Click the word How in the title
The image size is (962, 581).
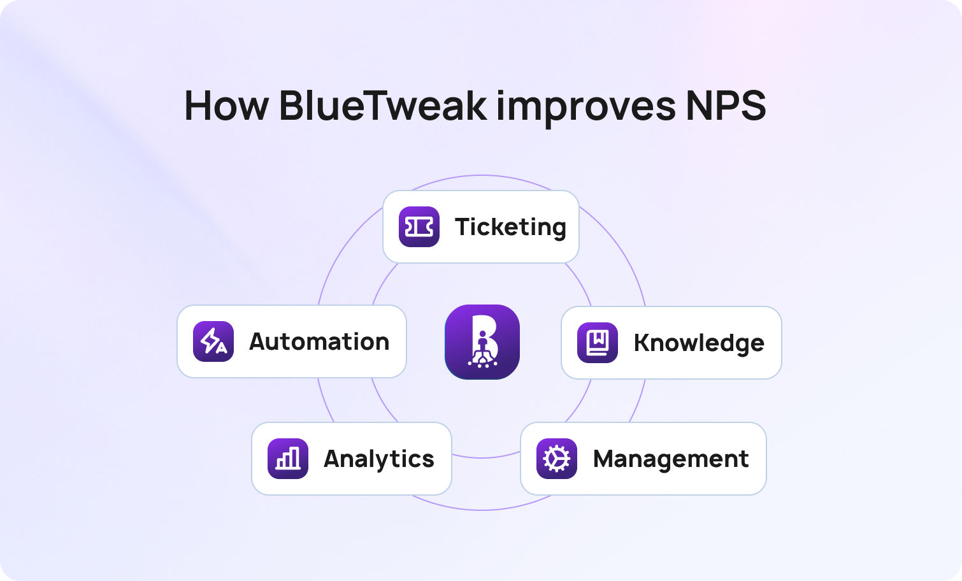[226, 105]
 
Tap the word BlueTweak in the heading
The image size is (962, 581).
[383, 105]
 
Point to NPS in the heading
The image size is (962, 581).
[726, 105]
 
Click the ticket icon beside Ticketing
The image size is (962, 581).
[419, 227]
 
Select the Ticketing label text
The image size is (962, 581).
[511, 227]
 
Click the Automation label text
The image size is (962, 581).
[319, 342]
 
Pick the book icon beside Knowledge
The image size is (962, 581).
[598, 343]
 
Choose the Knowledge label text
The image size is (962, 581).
[699, 343]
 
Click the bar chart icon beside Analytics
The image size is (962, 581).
[288, 459]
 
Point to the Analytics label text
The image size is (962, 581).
[379, 459]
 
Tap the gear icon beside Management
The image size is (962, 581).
[557, 459]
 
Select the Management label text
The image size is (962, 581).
[671, 459]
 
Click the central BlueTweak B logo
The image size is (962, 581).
[482, 342]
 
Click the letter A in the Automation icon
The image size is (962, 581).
[221, 347]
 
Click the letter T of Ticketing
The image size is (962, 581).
[464, 227]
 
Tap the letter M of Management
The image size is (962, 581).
[606, 459]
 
